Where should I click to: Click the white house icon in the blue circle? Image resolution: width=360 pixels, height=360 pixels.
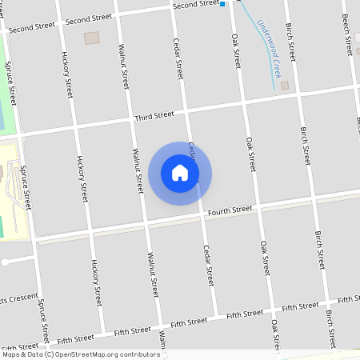point(180,173)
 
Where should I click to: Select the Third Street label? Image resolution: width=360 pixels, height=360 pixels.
point(154,116)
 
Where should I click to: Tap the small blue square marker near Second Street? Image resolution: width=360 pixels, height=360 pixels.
point(223,4)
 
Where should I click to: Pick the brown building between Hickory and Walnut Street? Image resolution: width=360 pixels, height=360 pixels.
point(92,38)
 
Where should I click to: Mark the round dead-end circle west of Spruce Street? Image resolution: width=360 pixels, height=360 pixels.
point(5,262)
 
